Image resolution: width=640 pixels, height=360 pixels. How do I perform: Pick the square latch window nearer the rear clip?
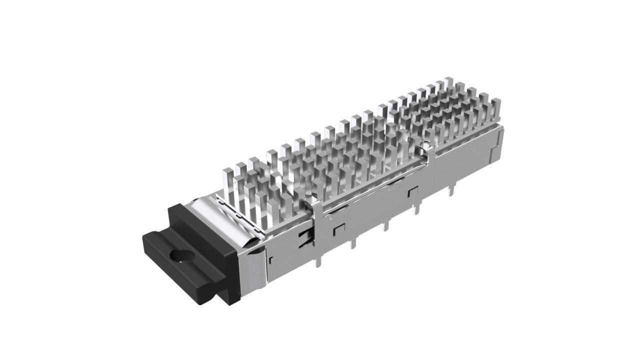412,191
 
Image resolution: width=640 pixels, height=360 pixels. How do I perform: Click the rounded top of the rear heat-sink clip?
426,145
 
